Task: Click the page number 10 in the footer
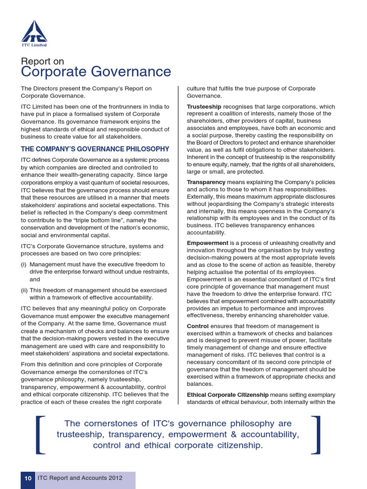[x=28, y=478]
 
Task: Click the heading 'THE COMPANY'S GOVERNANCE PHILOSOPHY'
[x=95, y=149]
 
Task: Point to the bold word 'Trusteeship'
[x=204, y=106]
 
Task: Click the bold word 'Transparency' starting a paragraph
[x=206, y=182]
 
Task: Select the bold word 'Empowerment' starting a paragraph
[x=207, y=243]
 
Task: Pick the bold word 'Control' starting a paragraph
[x=197, y=326]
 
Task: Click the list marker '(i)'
[x=23, y=264]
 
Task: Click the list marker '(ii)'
[x=24, y=290]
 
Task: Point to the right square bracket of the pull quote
[x=315, y=435]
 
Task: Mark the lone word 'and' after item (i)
[x=34, y=279]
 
